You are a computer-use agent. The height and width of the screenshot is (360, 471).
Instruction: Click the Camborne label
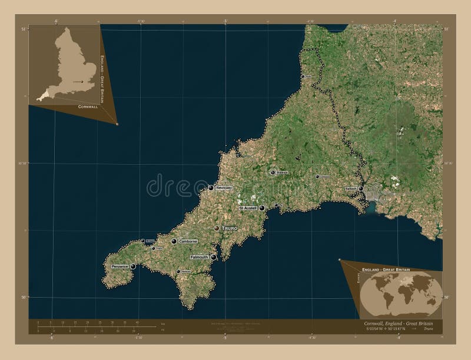188,242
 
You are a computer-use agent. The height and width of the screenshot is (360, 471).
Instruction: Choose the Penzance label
120,267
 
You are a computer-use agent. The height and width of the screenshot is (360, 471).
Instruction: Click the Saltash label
351,189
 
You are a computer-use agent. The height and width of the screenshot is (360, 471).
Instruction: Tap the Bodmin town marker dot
273,172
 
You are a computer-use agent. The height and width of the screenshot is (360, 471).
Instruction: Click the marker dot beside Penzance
134,266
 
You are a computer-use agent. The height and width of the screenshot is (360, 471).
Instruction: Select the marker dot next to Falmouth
213,257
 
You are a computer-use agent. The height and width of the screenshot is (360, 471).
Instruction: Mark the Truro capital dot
217,228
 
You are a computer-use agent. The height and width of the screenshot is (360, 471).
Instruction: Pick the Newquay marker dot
211,188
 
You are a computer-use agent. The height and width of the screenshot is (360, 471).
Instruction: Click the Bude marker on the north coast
302,76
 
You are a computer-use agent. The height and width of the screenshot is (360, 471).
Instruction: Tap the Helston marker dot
178,271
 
